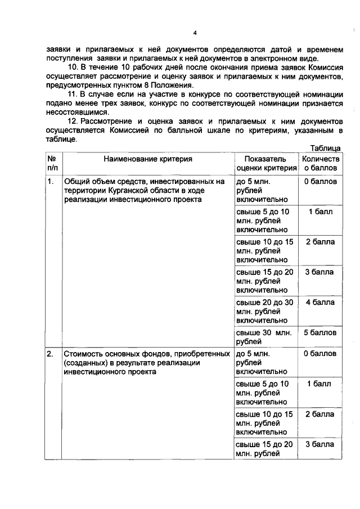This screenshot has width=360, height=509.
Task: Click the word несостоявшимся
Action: pyautogui.click(x=73, y=112)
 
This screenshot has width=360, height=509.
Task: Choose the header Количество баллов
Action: pyautogui.click(x=321, y=163)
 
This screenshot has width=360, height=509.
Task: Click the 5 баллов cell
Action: pyautogui.click(x=321, y=332)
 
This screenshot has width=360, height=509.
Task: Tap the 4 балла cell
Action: pyautogui.click(x=321, y=302)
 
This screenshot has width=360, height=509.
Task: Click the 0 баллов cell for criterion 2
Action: pyautogui.click(x=321, y=354)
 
